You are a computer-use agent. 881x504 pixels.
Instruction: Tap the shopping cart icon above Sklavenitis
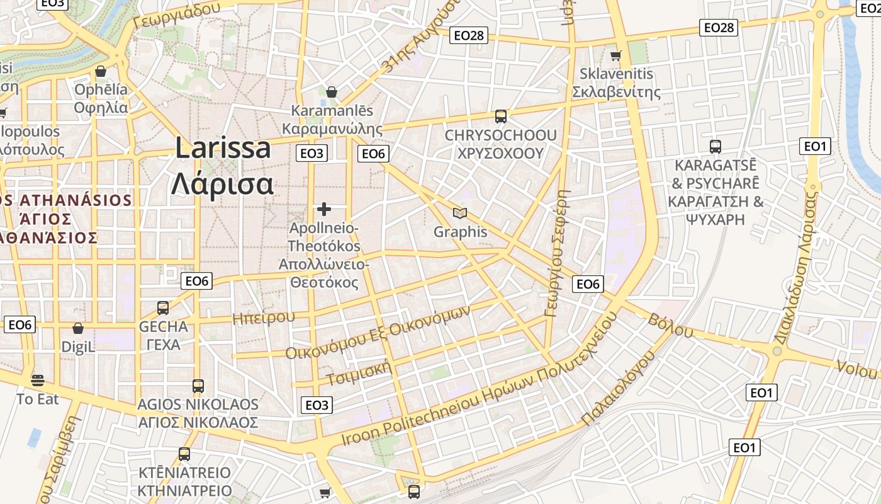[615, 56]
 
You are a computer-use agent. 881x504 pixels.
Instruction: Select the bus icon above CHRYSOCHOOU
[501, 117]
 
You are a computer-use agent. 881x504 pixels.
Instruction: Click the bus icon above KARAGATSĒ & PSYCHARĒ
[715, 147]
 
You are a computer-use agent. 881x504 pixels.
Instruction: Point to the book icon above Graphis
[461, 214]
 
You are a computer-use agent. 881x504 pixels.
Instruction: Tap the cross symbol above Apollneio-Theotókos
[324, 209]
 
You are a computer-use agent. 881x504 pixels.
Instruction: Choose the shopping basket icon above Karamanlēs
[332, 92]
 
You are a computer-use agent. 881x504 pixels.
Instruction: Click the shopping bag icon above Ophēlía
[101, 71]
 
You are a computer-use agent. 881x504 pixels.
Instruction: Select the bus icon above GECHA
[163, 308]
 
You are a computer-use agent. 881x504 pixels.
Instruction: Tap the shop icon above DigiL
[78, 328]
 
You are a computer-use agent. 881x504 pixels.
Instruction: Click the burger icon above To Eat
[38, 381]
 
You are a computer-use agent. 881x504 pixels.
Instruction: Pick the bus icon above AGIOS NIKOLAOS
[198, 386]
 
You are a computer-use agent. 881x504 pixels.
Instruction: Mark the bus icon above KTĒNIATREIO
[184, 454]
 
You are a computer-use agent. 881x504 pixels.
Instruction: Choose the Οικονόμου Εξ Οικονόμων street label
[378, 334]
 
